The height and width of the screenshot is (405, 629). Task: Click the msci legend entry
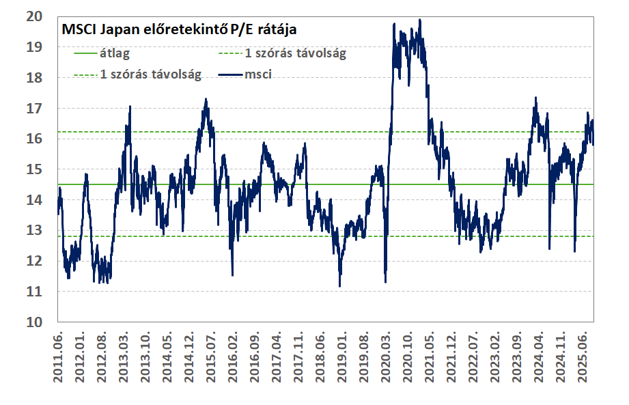click(x=258, y=74)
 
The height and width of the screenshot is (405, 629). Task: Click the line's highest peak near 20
click(x=419, y=20)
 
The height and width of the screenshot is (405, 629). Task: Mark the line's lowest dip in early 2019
click(x=339, y=286)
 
